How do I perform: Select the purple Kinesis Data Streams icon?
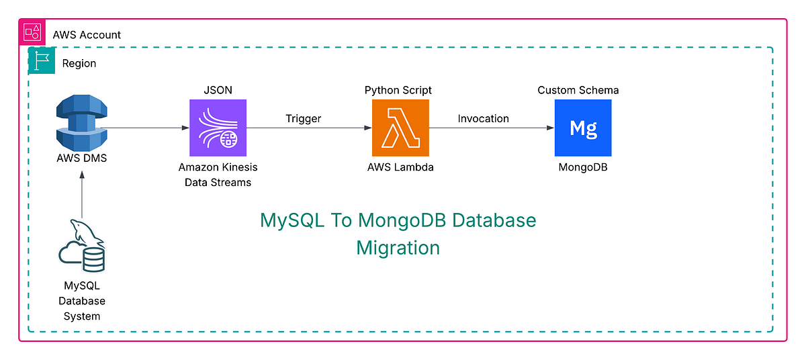tap(218, 128)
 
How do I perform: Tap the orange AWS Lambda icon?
tap(400, 128)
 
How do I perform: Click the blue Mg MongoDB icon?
tap(582, 128)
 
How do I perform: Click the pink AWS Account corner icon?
tap(32, 32)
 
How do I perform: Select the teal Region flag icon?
tap(42, 60)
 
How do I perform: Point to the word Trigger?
tap(303, 119)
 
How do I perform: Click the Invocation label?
tap(483, 119)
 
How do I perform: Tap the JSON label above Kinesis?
tap(218, 90)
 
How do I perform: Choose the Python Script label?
tap(398, 90)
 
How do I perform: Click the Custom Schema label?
tap(578, 90)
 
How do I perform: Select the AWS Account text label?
tap(86, 34)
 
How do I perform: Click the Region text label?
tap(79, 64)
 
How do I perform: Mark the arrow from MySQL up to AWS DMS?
tap(82, 195)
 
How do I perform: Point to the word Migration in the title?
tap(398, 247)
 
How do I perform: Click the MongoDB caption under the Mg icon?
tap(582, 167)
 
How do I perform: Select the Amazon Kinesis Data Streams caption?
tap(218, 175)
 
